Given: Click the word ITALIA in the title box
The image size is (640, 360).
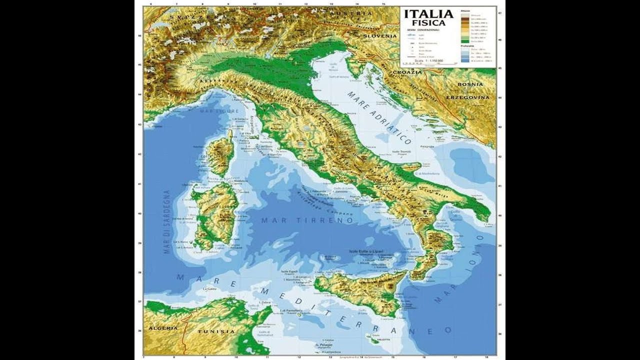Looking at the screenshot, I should tap(428, 14).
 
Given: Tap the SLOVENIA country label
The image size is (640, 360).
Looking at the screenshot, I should tap(379, 36).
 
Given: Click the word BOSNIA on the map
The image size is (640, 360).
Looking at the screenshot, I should tap(470, 84).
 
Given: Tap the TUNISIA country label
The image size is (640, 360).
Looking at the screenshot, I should tap(216, 331).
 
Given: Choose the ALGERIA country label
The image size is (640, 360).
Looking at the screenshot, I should tap(163, 328).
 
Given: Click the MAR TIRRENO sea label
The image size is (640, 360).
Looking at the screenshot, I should tap(307, 220).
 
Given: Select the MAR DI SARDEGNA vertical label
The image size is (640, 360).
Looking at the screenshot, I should tap(167, 222).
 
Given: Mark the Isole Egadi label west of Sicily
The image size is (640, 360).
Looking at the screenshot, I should tap(290, 271).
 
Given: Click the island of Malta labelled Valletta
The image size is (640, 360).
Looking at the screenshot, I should tap(374, 339).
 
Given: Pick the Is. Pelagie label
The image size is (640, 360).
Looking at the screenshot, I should tap(324, 345).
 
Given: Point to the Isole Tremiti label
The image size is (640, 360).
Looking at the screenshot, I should tap(401, 151).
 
